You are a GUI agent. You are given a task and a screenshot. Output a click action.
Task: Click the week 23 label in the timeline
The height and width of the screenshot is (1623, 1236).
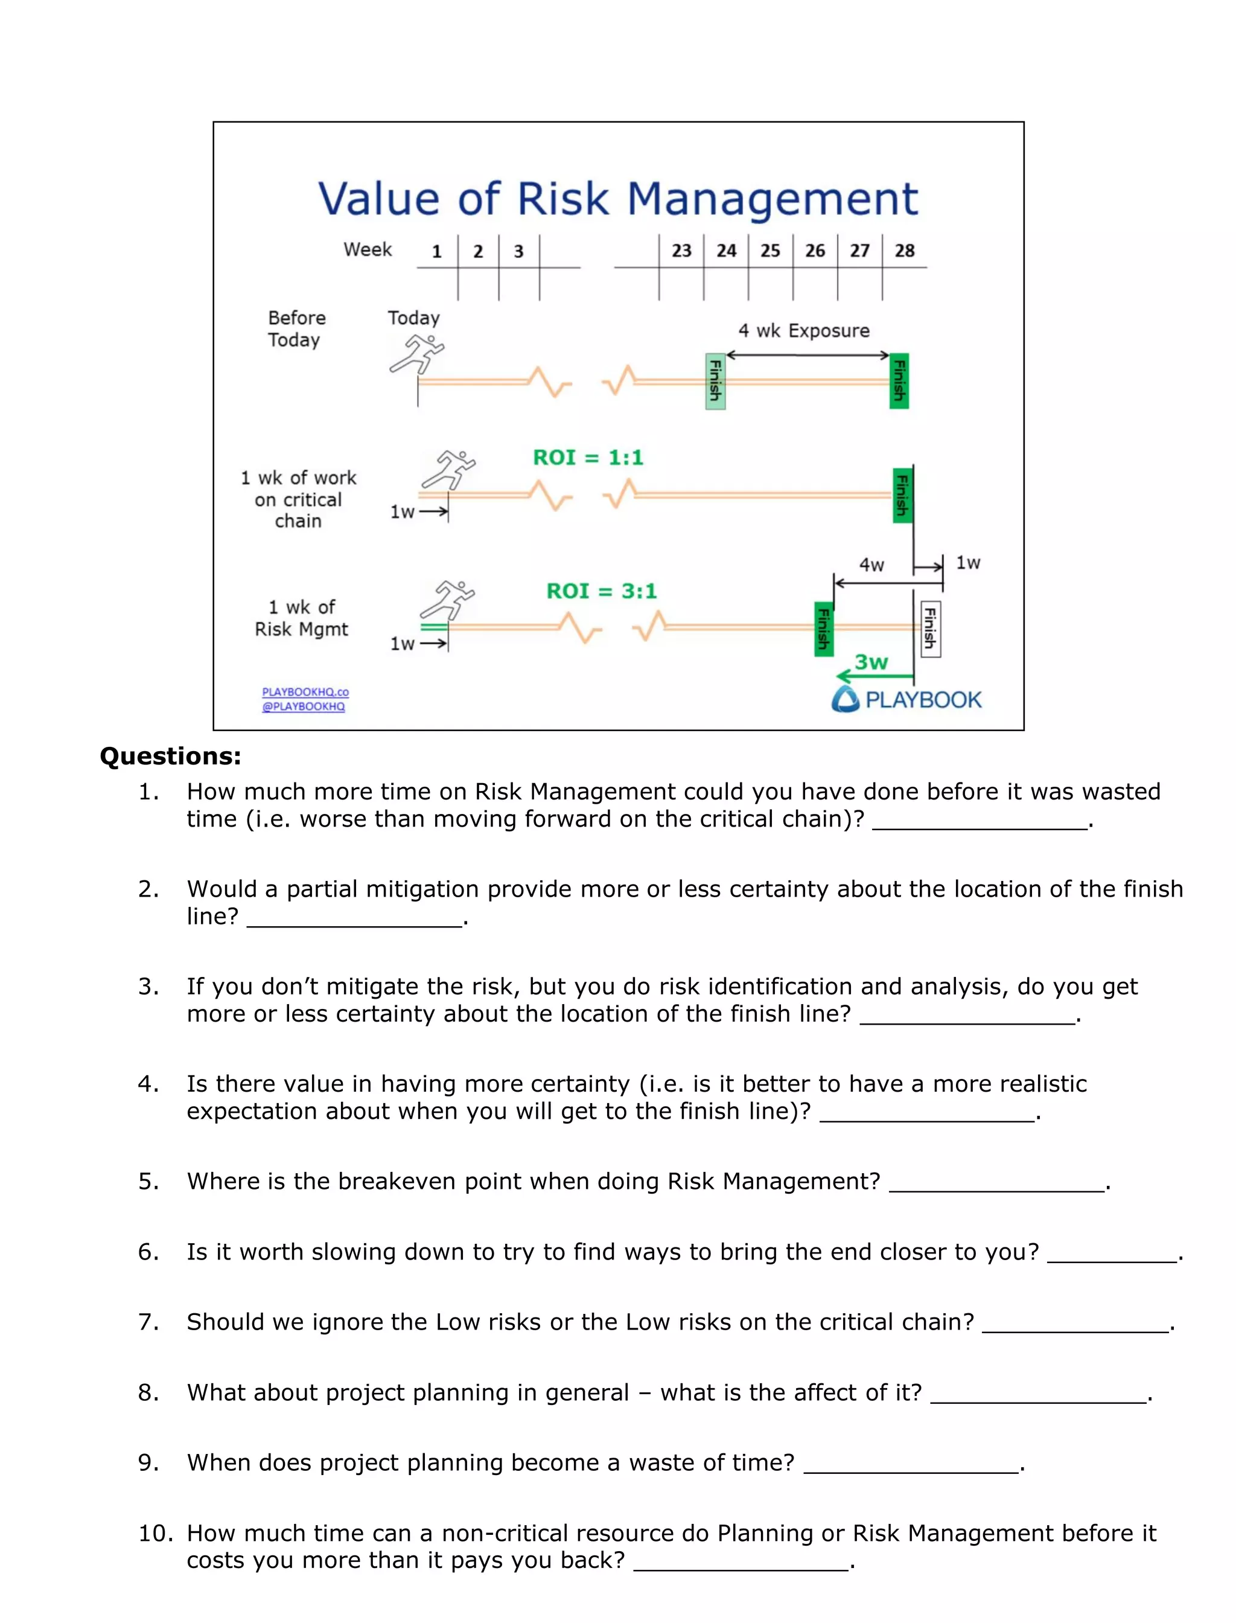click(681, 251)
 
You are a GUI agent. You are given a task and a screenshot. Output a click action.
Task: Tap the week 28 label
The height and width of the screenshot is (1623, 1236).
click(904, 251)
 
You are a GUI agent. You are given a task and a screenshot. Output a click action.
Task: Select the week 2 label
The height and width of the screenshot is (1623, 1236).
click(477, 252)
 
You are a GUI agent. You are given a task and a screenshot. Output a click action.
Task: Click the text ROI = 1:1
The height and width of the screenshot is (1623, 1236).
click(588, 458)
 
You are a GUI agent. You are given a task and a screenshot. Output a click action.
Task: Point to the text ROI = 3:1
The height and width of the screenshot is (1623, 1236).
click(601, 591)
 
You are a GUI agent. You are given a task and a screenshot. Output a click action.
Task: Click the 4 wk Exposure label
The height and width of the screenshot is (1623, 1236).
click(803, 330)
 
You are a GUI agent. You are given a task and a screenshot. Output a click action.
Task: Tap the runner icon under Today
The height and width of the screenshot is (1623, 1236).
click(416, 354)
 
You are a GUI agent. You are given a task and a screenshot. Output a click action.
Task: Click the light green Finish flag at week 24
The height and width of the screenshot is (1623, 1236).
click(715, 380)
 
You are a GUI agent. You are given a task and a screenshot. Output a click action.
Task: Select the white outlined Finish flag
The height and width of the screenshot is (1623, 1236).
click(930, 629)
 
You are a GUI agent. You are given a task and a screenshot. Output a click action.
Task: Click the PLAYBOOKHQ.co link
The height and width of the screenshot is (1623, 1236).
click(305, 692)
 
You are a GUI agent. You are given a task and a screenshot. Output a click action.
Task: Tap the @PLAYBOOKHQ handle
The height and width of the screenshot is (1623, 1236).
click(303, 706)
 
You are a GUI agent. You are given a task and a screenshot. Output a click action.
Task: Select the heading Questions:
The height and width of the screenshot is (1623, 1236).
click(170, 757)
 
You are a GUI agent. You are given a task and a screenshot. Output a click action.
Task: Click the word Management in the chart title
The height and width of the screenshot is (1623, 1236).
click(772, 199)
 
